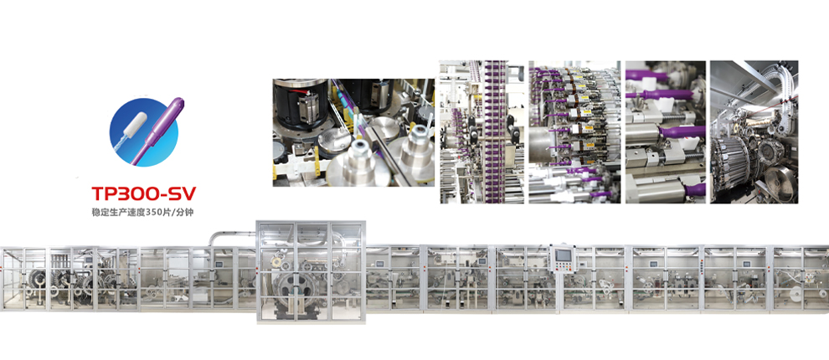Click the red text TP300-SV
pyautogui.click(x=144, y=194)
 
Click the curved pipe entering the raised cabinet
pyautogui.click(x=232, y=235)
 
